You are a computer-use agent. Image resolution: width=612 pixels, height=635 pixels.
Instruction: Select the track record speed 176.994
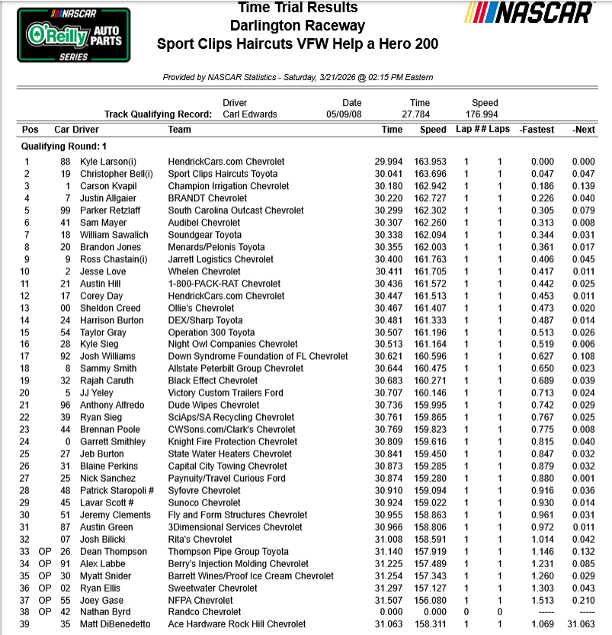pos(485,114)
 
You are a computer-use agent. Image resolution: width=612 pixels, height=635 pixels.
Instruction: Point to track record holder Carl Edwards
pos(250,114)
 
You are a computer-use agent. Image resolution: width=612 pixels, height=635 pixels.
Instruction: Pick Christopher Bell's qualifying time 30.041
pos(389,174)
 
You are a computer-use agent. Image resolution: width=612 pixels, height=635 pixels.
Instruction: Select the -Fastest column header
pos(537,130)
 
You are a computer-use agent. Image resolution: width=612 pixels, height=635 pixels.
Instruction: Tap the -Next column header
pos(584,130)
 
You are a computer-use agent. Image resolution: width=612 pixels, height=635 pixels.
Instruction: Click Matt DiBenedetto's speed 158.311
pos(433,624)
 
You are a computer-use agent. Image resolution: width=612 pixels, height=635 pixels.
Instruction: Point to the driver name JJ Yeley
pos(98,393)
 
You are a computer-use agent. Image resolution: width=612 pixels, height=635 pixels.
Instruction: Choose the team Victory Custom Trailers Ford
pos(226,393)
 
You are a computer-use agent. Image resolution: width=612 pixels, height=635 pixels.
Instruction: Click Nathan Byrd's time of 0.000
pos(392,612)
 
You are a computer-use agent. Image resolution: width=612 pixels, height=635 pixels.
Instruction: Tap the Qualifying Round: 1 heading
pos(65,146)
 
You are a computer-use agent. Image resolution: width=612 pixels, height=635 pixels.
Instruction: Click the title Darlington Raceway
pos(297,26)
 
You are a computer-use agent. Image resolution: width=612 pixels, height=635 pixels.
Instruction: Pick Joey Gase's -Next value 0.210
pos(583,600)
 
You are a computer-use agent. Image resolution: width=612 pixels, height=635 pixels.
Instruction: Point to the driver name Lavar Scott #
pos(107,502)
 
